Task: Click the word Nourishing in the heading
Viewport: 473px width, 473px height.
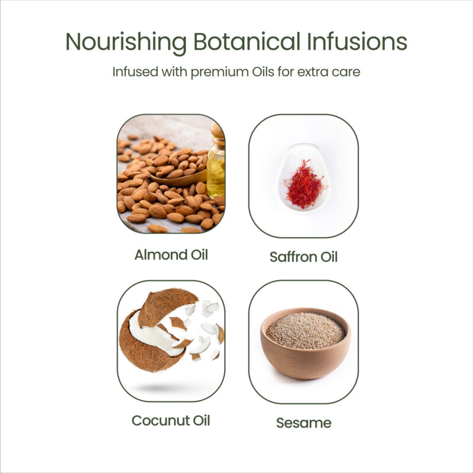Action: pos(126,43)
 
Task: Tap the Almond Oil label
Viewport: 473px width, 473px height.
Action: pos(171,255)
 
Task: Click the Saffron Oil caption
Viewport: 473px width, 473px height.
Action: pos(303,257)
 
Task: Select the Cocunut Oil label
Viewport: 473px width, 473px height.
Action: pos(171,420)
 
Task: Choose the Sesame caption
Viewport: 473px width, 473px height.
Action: pos(304,423)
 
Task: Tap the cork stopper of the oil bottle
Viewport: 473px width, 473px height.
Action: pos(218,130)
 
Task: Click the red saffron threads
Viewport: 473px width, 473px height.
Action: pos(304,185)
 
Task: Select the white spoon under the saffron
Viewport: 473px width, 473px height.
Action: pos(303,178)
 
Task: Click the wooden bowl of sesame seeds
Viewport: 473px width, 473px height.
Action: pos(306,344)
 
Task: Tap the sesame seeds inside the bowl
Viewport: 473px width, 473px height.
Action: pos(306,331)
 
